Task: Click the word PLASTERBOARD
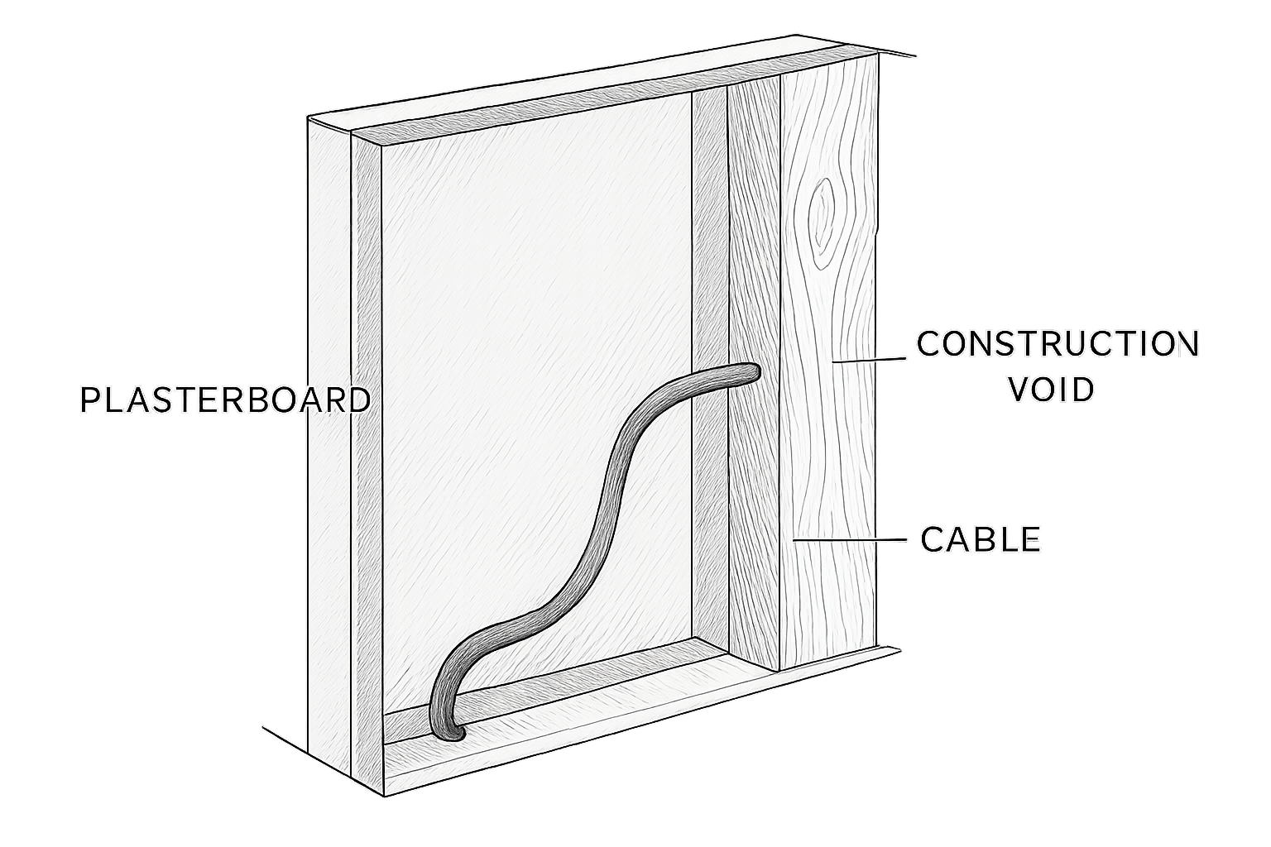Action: coord(225,400)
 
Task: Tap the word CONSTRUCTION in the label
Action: coord(1058,344)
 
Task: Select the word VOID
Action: coord(1052,390)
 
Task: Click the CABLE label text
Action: coord(981,539)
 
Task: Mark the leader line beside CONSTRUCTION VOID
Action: coord(870,360)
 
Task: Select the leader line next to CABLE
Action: coord(850,540)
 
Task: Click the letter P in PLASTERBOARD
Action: coord(89,400)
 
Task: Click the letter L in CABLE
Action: coord(1007,539)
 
